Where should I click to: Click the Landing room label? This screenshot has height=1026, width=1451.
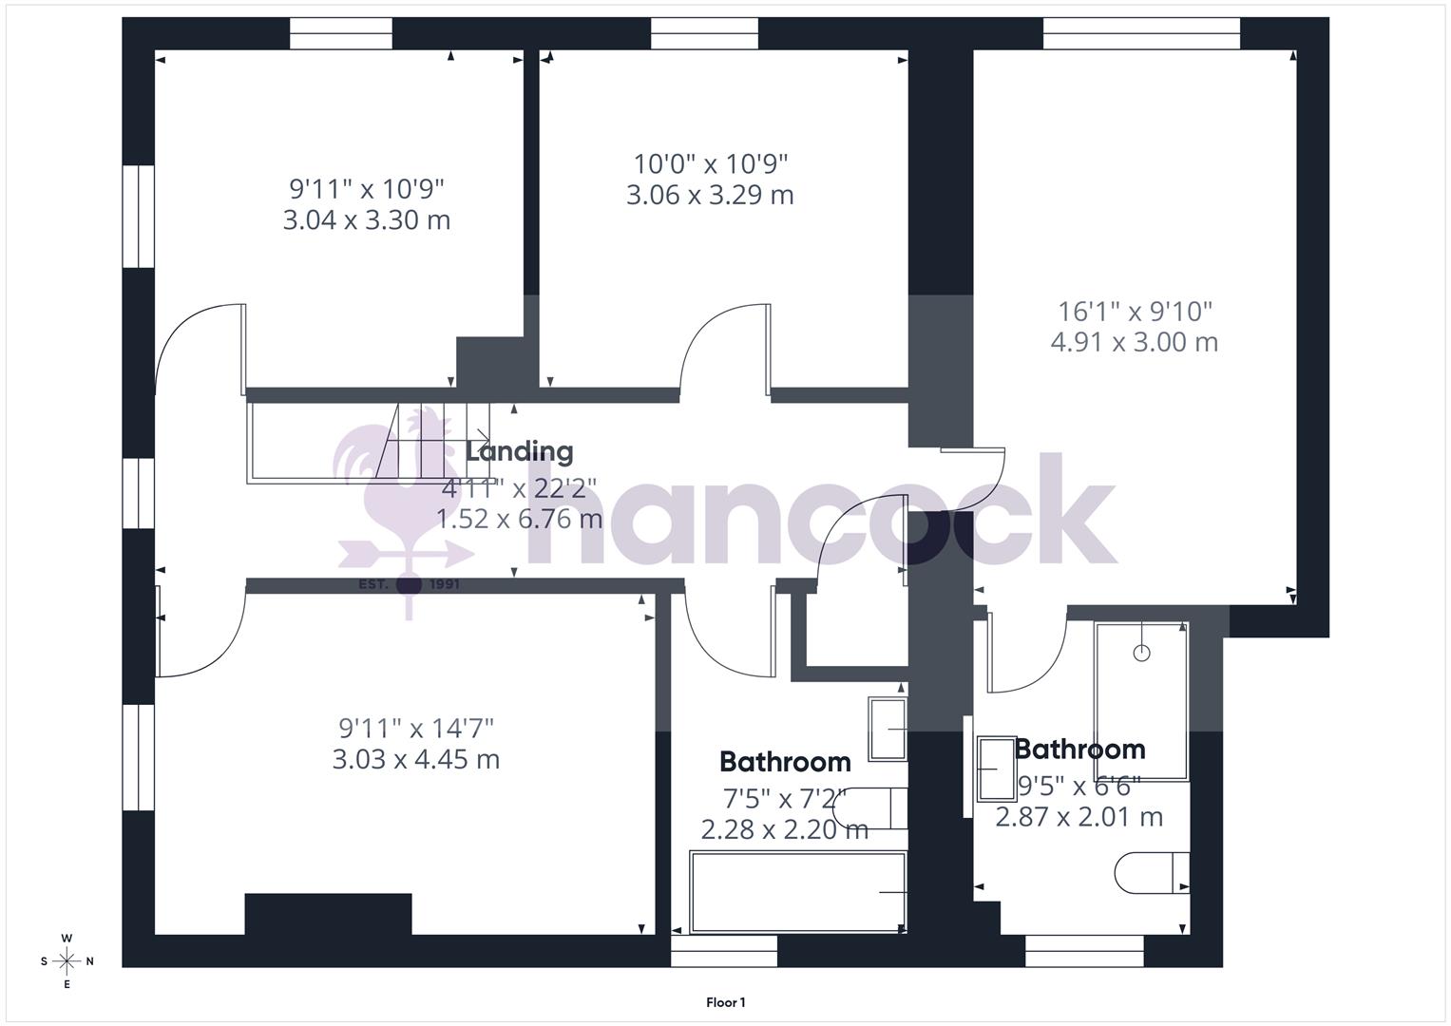(x=519, y=451)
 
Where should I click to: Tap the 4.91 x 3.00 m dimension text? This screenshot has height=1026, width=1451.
(x=1134, y=342)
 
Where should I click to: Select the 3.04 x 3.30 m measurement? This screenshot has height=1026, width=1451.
(x=366, y=220)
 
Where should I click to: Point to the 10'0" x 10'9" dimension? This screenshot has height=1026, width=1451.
(x=710, y=164)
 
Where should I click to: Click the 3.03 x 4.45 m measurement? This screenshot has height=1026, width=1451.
(x=415, y=760)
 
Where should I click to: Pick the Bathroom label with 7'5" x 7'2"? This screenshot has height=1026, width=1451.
(x=784, y=762)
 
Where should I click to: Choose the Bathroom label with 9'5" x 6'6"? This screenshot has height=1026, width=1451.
(x=1079, y=750)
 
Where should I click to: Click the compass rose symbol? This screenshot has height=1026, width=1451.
(x=67, y=961)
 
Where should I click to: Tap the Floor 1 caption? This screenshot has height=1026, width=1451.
(x=725, y=1002)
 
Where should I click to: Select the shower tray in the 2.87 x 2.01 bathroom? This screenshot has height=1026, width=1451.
(x=1141, y=701)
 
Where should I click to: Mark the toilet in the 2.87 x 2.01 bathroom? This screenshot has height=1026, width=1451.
(x=1151, y=873)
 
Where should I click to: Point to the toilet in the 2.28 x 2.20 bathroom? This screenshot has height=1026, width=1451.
(x=869, y=808)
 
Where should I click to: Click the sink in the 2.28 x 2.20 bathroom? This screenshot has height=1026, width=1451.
(x=888, y=729)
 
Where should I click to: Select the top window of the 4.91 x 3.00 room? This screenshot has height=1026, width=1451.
(x=1140, y=33)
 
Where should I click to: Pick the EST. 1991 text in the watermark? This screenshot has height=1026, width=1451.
(x=409, y=584)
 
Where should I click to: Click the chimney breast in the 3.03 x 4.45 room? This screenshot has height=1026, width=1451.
(x=328, y=913)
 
